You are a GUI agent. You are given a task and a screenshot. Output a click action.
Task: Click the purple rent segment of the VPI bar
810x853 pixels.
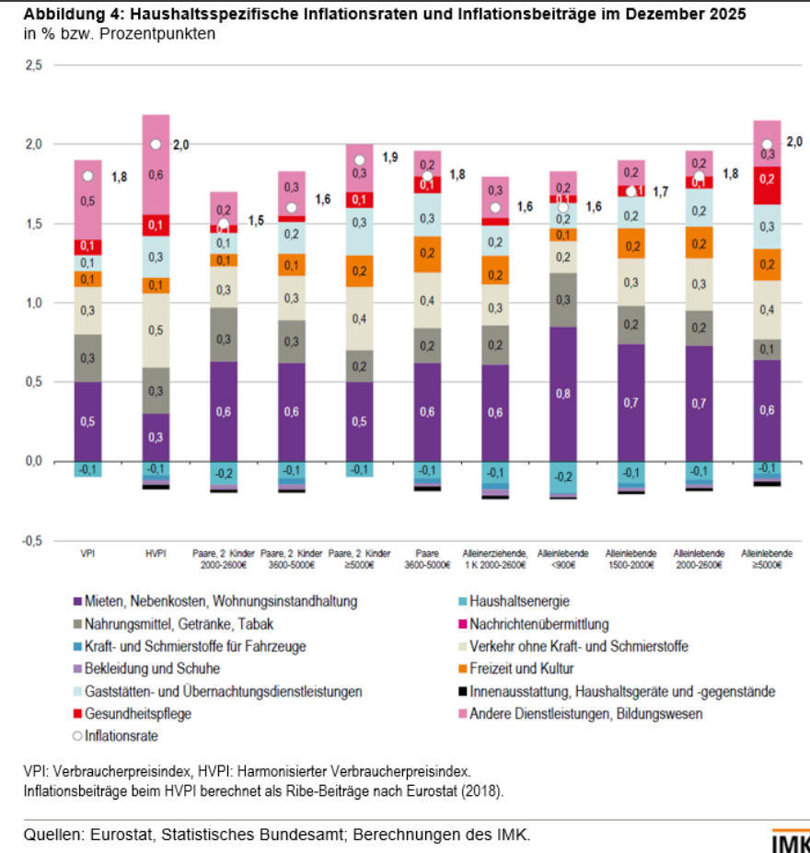pos(88,421)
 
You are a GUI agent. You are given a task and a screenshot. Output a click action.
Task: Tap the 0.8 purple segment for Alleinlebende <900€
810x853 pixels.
pos(562,394)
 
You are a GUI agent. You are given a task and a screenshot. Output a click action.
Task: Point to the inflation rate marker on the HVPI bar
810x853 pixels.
pos(156,144)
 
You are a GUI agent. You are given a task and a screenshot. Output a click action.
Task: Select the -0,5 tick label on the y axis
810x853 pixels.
pos(31,541)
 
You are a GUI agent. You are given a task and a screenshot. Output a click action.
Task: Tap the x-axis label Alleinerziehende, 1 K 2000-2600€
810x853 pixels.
pos(495,559)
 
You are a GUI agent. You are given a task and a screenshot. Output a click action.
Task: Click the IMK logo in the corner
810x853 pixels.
pos(790,842)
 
